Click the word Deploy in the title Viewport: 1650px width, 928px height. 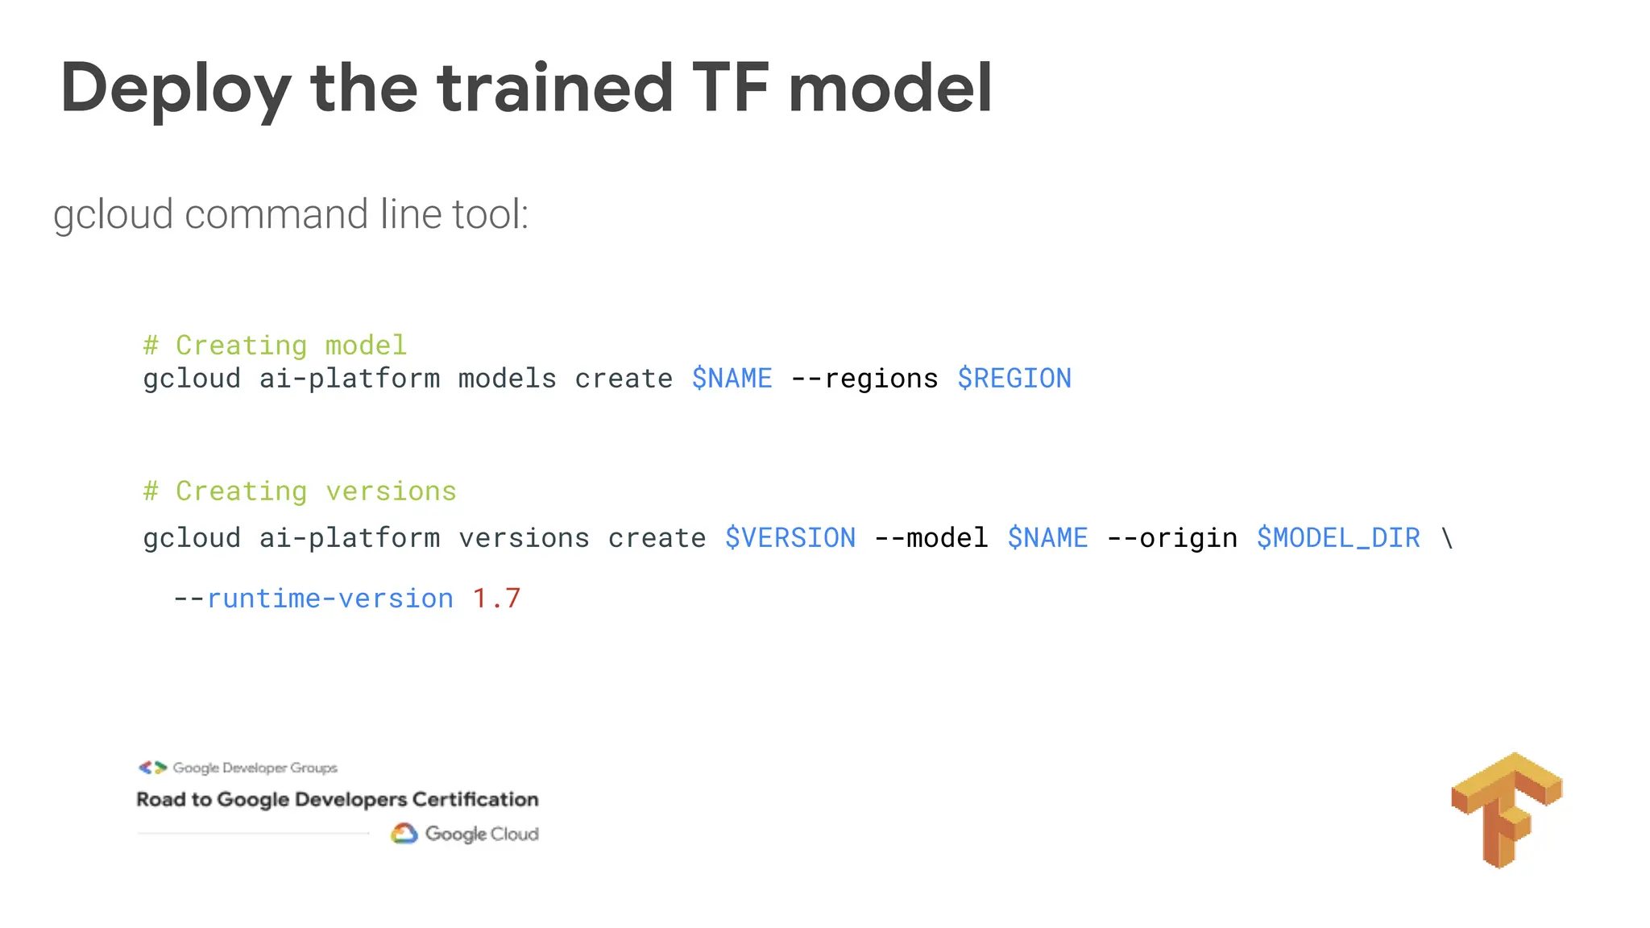coord(176,89)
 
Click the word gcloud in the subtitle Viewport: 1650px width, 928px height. coord(114,215)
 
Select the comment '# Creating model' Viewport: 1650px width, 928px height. coord(275,346)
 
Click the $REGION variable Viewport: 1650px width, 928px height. coord(1014,379)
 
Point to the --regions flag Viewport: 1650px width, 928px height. coord(864,379)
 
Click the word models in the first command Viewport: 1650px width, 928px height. coord(507,379)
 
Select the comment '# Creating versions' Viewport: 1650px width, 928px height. coord(300,491)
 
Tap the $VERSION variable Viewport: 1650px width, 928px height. coord(790,538)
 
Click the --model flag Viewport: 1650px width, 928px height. coord(931,538)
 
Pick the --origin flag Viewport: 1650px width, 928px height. coord(1171,538)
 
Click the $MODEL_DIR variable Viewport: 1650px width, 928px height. coord(1337,538)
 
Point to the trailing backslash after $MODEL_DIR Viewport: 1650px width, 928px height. coord(1447,538)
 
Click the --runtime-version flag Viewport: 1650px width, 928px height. coord(313,599)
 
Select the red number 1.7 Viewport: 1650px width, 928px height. coord(496,599)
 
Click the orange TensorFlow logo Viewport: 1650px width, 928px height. coord(1506,809)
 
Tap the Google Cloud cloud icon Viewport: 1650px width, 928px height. coord(404,834)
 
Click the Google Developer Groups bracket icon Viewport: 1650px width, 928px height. coord(152,768)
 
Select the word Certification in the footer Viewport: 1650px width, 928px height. coord(475,800)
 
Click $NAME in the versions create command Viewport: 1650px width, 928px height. coord(1047,538)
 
